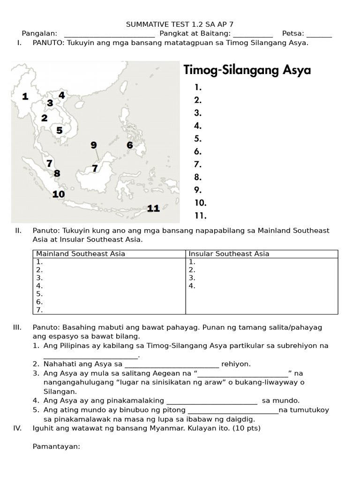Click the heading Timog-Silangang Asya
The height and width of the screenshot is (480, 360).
click(x=247, y=70)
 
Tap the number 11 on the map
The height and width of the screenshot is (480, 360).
click(x=153, y=209)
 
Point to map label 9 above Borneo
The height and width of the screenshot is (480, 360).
click(x=93, y=145)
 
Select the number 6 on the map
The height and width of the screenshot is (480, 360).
click(x=130, y=145)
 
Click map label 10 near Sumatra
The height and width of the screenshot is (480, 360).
click(x=59, y=194)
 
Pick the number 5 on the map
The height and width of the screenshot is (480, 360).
click(x=59, y=130)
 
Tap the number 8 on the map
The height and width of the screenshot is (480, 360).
click(x=57, y=173)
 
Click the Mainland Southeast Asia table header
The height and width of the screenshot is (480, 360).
click(x=81, y=254)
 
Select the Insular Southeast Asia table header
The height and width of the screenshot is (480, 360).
click(x=229, y=254)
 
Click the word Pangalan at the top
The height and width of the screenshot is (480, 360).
click(x=39, y=33)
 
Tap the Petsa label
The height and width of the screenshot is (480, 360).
click(x=293, y=33)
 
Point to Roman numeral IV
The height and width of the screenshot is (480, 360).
click(x=18, y=428)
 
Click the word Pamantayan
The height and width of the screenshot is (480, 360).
click(x=56, y=447)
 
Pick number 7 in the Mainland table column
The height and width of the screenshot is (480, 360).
click(x=39, y=310)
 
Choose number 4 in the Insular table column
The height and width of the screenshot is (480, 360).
click(x=192, y=286)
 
